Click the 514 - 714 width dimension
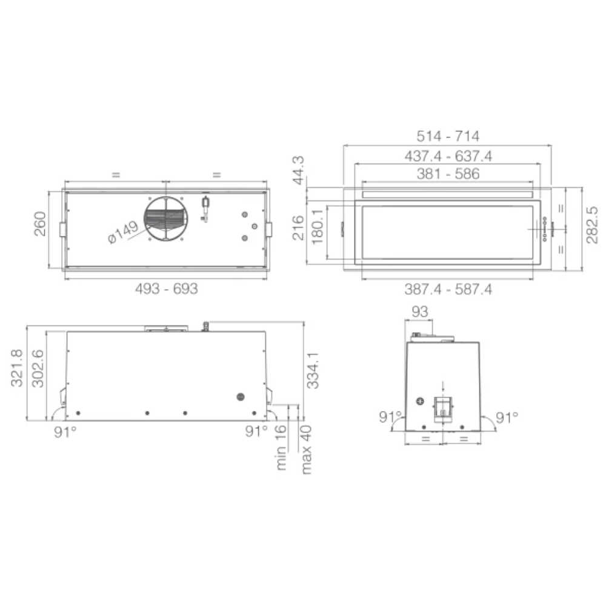pos(448,136)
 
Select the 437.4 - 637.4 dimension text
pos(448,156)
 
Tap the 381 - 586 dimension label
pos(448,173)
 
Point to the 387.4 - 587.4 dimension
pos(448,289)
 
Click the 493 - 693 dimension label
pos(166,288)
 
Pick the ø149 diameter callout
pos(123,232)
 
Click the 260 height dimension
pos(40,224)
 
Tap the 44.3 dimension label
pos(298,170)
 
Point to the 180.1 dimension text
pos(317,227)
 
